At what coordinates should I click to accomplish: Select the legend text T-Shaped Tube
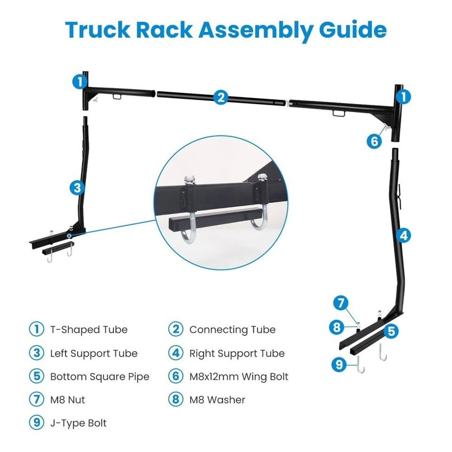89,330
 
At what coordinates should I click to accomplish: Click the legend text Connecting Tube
232,330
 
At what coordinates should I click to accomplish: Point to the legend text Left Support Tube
94,353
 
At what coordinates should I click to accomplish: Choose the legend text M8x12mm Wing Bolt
239,377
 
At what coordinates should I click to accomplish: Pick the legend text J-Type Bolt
78,423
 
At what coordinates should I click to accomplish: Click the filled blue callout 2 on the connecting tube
221,97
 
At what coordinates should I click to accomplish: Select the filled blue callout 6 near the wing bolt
374,141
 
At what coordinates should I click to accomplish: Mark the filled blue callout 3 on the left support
77,187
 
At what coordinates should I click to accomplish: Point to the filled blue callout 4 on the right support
404,235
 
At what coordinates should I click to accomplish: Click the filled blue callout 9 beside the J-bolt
339,365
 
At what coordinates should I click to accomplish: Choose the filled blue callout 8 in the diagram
336,327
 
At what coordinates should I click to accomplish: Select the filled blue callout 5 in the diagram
392,331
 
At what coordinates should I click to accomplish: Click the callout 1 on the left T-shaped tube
80,82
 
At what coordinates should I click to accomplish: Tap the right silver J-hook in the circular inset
261,221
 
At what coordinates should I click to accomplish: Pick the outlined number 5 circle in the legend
36,377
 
